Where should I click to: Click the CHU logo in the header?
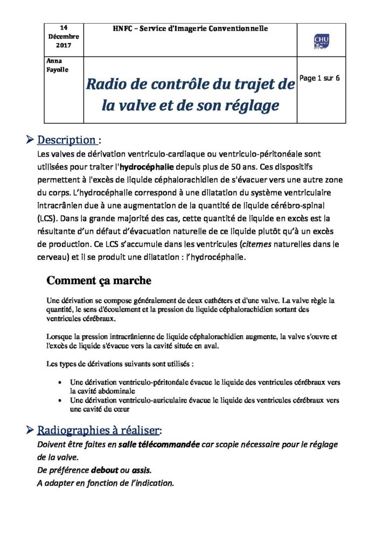click(322, 40)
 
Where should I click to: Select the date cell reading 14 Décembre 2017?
click(63, 36)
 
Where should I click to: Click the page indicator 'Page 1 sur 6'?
click(319, 78)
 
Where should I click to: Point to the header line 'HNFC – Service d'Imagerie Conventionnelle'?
click(190, 28)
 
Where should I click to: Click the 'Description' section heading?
click(66, 140)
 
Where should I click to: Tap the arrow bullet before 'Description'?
click(30, 140)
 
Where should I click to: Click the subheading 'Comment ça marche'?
click(99, 280)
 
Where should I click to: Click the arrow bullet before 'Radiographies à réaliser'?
click(30, 430)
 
